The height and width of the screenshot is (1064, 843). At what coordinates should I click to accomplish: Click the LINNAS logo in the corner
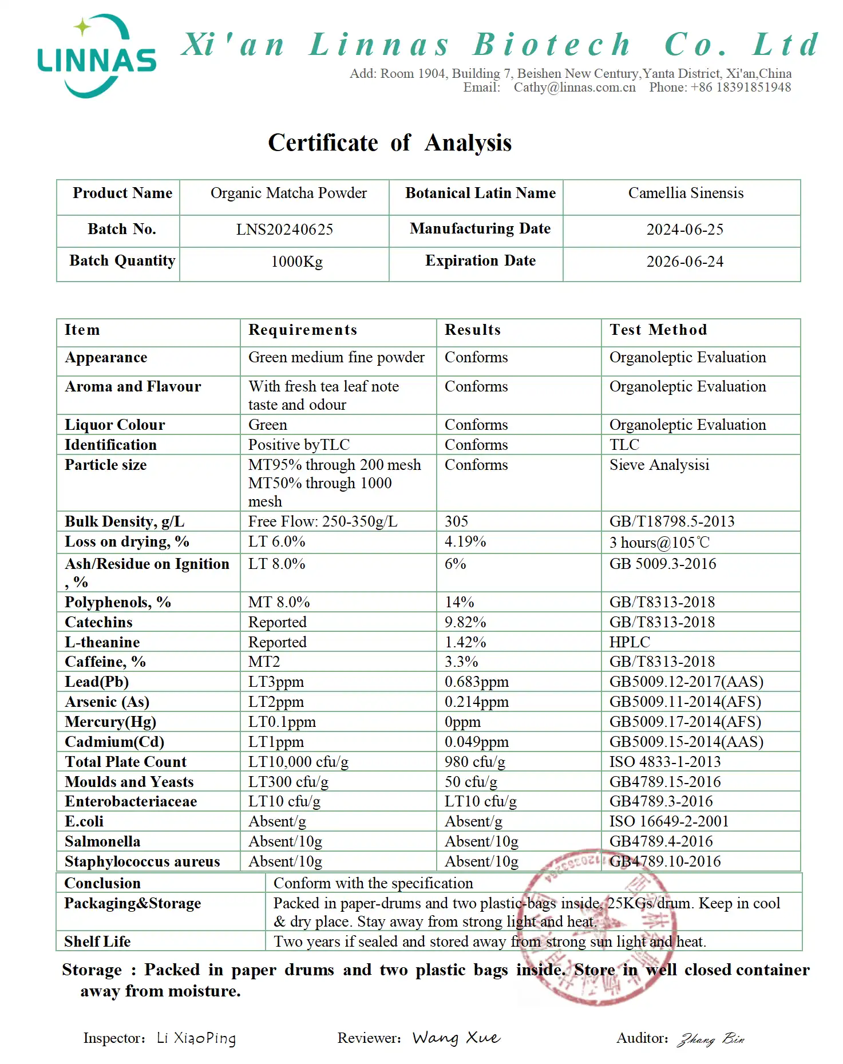96,57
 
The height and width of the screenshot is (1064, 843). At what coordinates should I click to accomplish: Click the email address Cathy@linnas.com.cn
574,88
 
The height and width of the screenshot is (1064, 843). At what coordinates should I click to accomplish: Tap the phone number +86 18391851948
741,88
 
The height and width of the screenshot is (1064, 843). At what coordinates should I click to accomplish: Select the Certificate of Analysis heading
390,143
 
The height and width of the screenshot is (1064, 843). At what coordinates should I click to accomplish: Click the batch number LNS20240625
284,230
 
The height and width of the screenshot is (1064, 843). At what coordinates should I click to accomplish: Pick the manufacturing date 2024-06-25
684,230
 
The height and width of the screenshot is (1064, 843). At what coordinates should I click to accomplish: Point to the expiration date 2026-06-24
684,262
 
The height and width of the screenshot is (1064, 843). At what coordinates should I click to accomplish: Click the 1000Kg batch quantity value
296,262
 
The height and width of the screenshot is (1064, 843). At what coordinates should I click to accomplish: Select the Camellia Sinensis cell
686,193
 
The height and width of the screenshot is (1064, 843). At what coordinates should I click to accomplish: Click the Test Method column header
658,330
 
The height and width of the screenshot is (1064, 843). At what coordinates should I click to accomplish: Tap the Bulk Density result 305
456,521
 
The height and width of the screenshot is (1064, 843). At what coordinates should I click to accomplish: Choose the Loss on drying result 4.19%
465,541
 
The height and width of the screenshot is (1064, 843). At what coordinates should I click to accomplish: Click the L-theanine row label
102,642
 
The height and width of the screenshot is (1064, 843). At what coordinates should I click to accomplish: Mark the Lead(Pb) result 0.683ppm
476,682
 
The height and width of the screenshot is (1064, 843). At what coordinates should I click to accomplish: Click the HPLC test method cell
630,642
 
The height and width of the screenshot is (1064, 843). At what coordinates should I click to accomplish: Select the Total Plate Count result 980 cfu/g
474,762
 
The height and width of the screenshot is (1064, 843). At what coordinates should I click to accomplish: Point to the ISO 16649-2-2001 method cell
668,822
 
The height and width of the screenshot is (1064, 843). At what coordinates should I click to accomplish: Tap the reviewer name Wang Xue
456,1038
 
